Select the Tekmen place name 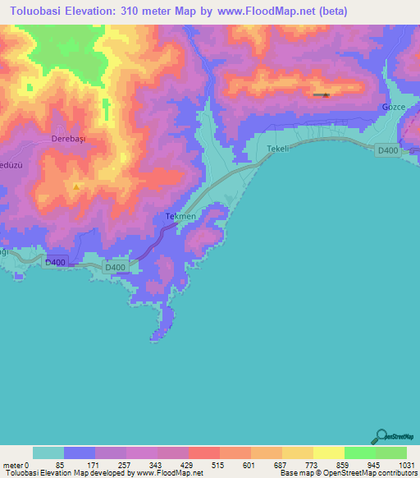[x=180, y=216]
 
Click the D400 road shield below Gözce [x=387, y=149]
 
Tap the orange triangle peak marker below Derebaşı [x=76, y=186]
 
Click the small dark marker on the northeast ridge [x=325, y=95]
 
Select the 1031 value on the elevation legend [x=406, y=465]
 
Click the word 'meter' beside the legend [x=14, y=465]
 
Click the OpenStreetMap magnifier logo [x=380, y=435]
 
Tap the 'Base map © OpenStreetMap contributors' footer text [x=346, y=473]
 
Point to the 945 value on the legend [x=375, y=465]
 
